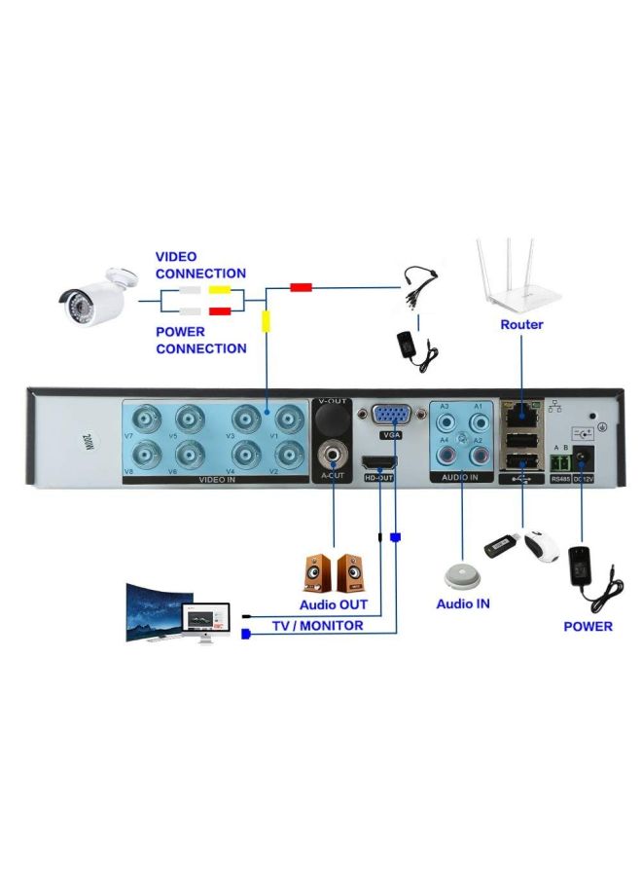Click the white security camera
(94, 294)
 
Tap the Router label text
(521, 324)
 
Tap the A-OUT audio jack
(333, 455)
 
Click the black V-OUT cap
(333, 420)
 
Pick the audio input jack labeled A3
(447, 422)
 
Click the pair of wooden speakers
(334, 573)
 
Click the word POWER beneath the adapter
(588, 626)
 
